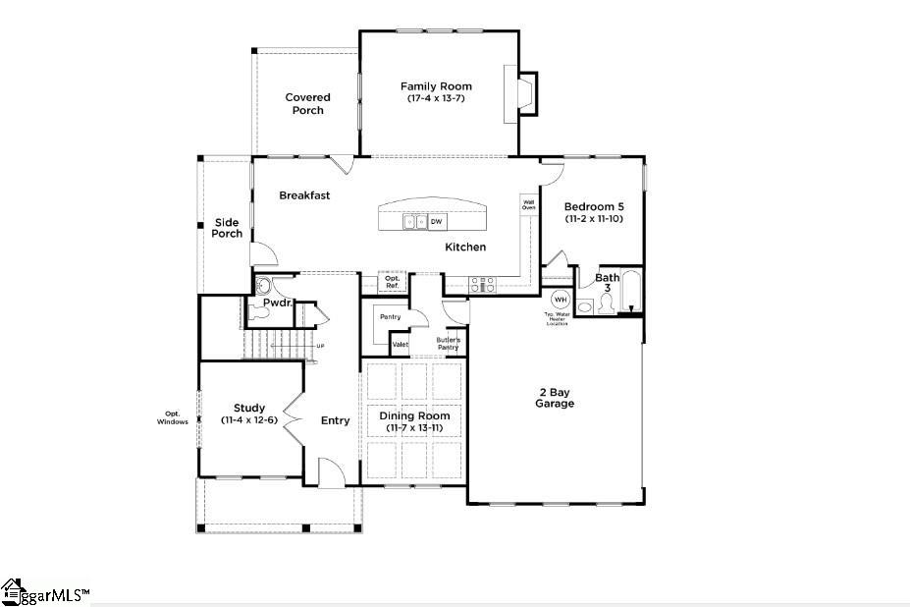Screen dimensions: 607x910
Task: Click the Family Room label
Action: (436, 86)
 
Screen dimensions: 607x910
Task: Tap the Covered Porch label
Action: (307, 103)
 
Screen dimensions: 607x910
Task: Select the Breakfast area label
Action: (304, 195)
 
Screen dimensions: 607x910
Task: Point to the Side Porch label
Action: (227, 228)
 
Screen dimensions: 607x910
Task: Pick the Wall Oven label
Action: (528, 205)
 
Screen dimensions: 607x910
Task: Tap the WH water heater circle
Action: (560, 300)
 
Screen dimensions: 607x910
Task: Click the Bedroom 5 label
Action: (594, 206)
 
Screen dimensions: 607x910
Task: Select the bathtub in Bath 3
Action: (632, 291)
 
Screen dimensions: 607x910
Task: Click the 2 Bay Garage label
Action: (555, 398)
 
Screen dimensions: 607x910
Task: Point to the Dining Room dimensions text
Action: (414, 428)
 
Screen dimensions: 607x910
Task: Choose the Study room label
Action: (249, 408)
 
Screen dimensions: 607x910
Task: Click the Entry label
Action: (335, 420)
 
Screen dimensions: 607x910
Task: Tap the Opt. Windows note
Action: (172, 417)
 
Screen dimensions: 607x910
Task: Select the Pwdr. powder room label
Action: (277, 303)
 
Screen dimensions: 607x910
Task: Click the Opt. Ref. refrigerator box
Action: (392, 282)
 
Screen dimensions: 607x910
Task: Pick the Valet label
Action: (401, 345)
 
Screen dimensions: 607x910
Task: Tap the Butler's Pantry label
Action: (448, 344)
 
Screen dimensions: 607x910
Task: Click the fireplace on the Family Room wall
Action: (520, 94)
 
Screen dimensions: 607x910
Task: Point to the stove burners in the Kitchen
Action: (483, 284)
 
